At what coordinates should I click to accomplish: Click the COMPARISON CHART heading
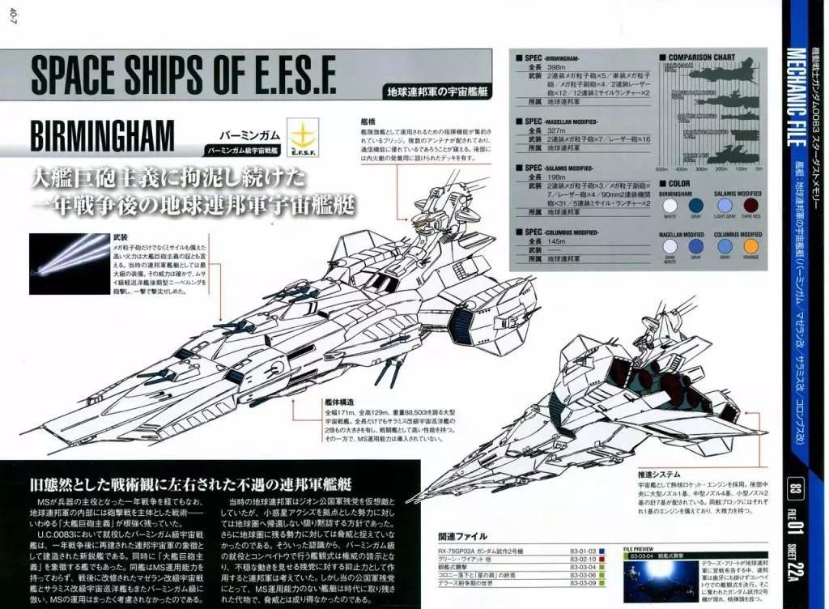coord(702,57)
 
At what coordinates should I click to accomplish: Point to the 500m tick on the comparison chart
coord(661,169)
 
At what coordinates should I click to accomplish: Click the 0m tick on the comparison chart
coord(759,169)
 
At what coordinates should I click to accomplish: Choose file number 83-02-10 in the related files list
coord(583,559)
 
